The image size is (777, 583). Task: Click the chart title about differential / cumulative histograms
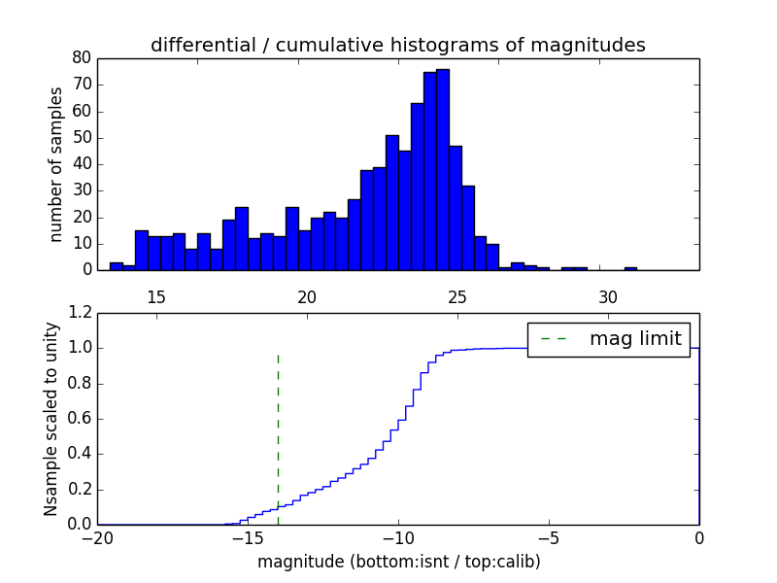pos(397,45)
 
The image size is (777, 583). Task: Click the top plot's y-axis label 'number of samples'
pos(56,164)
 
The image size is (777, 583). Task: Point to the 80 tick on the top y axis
pos(82,58)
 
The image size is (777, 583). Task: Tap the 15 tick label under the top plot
pos(155,296)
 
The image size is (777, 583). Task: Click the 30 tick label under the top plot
pos(607,296)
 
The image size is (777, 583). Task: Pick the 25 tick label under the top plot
pos(456,296)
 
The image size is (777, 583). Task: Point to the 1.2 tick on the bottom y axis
pos(79,313)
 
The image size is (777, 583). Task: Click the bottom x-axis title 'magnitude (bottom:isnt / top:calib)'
pos(397,562)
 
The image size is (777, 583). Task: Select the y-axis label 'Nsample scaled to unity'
pos(51,418)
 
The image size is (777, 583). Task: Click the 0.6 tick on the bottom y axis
pos(79,419)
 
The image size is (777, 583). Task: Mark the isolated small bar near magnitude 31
pos(630,267)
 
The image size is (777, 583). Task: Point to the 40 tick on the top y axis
pos(82,164)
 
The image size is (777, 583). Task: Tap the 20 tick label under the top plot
pos(306,296)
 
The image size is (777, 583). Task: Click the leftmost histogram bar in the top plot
pos(116,265)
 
